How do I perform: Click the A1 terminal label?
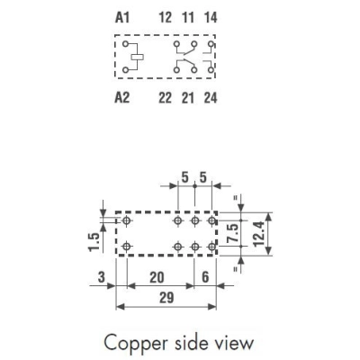[122, 17]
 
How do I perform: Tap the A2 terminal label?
[122, 98]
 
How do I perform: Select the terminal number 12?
[166, 17]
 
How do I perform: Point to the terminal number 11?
[188, 17]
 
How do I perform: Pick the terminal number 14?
[211, 17]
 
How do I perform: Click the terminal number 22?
[166, 98]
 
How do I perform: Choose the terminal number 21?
[188, 98]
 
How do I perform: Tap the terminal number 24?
[211, 98]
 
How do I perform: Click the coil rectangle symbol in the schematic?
[138, 57]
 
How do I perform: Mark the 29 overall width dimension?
[166, 298]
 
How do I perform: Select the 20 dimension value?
[157, 277]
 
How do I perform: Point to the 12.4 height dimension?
[258, 234]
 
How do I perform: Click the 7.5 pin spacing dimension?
[234, 233]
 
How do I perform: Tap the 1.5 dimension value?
[94, 242]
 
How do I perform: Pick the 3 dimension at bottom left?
[102, 277]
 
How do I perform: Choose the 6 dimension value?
[205, 277]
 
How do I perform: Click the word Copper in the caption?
[135, 343]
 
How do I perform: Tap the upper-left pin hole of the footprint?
[127, 221]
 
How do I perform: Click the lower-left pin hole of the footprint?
[127, 247]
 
